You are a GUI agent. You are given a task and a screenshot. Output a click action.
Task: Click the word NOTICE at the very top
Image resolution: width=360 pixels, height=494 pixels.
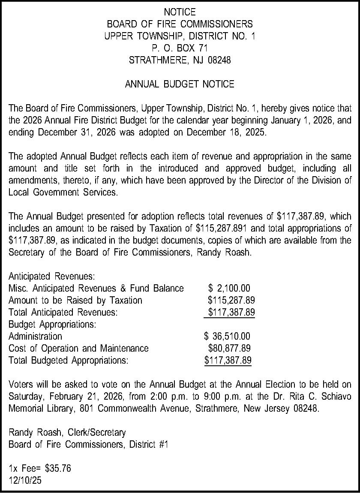point(180,12)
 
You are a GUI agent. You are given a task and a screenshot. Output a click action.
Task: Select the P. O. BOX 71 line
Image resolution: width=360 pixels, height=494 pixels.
point(180,48)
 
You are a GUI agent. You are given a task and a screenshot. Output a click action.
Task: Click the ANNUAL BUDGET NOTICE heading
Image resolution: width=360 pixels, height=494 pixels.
point(180,84)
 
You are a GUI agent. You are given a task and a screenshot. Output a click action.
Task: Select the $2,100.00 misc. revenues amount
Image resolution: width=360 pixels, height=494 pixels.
point(229,288)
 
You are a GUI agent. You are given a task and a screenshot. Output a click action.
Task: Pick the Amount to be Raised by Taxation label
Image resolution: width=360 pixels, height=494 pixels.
point(75,300)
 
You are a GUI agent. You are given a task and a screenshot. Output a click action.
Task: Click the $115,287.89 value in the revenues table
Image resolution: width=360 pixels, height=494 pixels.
point(231,300)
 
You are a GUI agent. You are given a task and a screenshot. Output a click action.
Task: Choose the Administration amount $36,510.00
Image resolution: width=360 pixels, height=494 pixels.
point(227,336)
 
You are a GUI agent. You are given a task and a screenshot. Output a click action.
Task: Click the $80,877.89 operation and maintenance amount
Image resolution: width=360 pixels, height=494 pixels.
point(229,348)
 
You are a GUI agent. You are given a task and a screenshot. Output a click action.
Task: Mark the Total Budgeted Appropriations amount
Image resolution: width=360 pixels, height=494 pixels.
point(228,360)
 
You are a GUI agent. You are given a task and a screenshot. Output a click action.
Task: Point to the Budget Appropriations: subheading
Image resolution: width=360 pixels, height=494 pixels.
point(52,324)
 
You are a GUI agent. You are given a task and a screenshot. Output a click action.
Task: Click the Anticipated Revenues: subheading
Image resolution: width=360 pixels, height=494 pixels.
point(51,276)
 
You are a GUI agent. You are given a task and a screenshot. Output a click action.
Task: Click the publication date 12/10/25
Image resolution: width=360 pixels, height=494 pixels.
point(25,481)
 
